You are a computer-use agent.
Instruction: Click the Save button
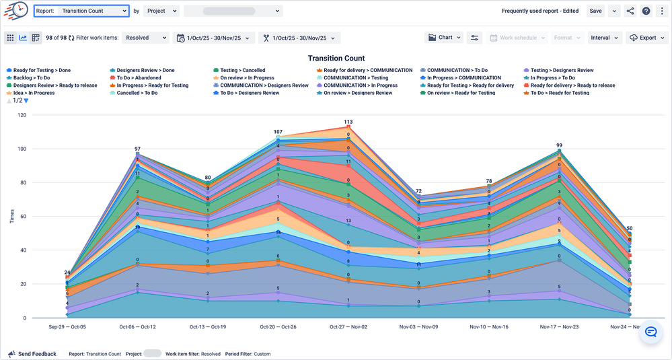coord(595,11)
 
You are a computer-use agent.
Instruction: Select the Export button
coord(643,38)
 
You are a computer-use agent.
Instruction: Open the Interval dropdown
coord(604,38)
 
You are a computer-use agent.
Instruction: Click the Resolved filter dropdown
coord(145,38)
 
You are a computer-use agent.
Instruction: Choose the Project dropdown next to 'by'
coord(161,11)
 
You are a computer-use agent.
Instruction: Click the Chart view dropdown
coord(445,38)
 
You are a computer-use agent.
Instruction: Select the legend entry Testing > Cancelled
coord(242,70)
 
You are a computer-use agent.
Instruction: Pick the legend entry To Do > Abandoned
coord(139,78)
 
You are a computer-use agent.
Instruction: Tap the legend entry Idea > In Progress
coord(34,93)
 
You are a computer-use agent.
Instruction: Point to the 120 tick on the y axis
coord(22,115)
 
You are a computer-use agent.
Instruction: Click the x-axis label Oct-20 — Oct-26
coord(278,326)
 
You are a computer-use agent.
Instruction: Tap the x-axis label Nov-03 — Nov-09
coord(418,326)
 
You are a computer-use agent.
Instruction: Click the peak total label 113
coord(348,122)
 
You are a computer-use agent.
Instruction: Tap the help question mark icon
coord(646,11)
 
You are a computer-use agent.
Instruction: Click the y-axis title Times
coord(12,216)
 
